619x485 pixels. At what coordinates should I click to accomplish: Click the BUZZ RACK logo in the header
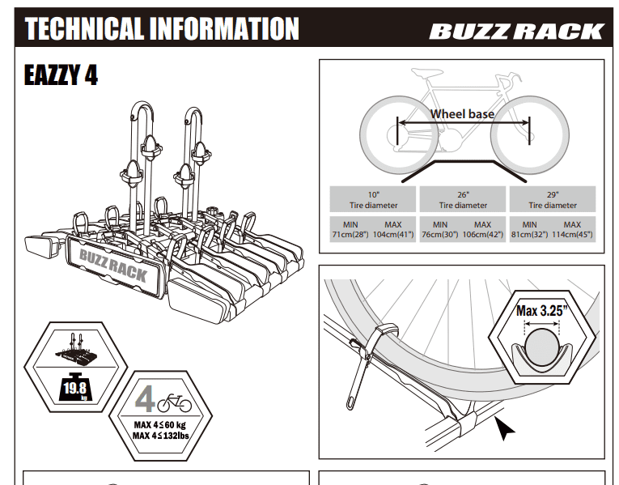click(x=516, y=32)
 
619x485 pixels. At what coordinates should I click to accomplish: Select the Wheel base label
click(x=462, y=114)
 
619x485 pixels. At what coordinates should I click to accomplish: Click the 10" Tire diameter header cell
click(x=373, y=200)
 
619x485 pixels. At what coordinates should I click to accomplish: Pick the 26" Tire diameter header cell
click(x=463, y=200)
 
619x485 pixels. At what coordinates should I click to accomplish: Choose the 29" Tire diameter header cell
click(x=553, y=200)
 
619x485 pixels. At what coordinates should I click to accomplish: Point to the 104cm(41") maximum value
click(x=394, y=234)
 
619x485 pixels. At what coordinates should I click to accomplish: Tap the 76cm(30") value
click(x=440, y=234)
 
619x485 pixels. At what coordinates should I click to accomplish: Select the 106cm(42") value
click(x=483, y=234)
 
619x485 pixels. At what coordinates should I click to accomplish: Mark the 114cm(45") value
click(x=573, y=234)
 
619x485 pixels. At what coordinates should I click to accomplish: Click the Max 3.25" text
click(x=541, y=309)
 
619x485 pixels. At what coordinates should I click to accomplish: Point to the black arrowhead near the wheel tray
click(x=506, y=428)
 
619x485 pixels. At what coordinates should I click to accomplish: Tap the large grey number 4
click(x=145, y=400)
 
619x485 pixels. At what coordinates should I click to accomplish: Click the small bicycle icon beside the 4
click(x=175, y=402)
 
